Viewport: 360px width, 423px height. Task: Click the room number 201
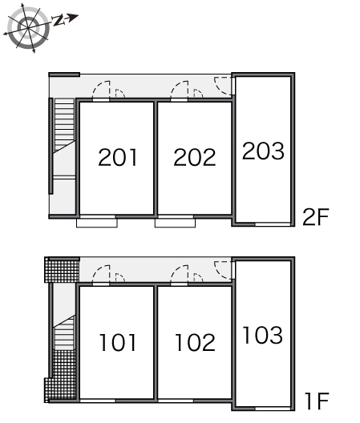pyautogui.click(x=118, y=157)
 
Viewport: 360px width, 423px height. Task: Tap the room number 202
pyautogui.click(x=195, y=157)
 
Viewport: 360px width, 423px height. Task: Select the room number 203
pyautogui.click(x=263, y=151)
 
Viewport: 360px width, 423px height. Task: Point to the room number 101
pyautogui.click(x=118, y=342)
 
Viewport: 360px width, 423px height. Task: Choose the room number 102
pyautogui.click(x=195, y=342)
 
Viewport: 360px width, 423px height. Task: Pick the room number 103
pyautogui.click(x=262, y=335)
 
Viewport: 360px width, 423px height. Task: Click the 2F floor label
pyautogui.click(x=316, y=217)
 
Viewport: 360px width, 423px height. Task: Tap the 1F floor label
pyautogui.click(x=317, y=401)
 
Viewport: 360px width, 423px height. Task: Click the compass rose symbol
pyautogui.click(x=28, y=28)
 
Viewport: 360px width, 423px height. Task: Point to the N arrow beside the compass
pyautogui.click(x=66, y=20)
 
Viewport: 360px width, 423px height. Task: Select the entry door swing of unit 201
pyautogui.click(x=101, y=90)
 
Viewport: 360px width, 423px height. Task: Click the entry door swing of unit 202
pyautogui.click(x=180, y=90)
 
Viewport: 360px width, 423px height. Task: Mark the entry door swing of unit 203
pyautogui.click(x=223, y=86)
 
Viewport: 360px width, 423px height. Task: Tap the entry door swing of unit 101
pyautogui.click(x=101, y=274)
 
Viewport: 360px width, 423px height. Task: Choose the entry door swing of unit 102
pyautogui.click(x=180, y=274)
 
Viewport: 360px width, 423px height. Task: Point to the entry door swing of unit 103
pyautogui.click(x=223, y=270)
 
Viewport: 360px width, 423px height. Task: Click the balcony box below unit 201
pyautogui.click(x=97, y=223)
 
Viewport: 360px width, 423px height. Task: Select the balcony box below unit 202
pyautogui.click(x=175, y=223)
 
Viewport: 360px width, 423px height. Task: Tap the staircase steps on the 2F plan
pyautogui.click(x=64, y=125)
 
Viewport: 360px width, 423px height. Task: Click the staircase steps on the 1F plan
pyautogui.click(x=63, y=333)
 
